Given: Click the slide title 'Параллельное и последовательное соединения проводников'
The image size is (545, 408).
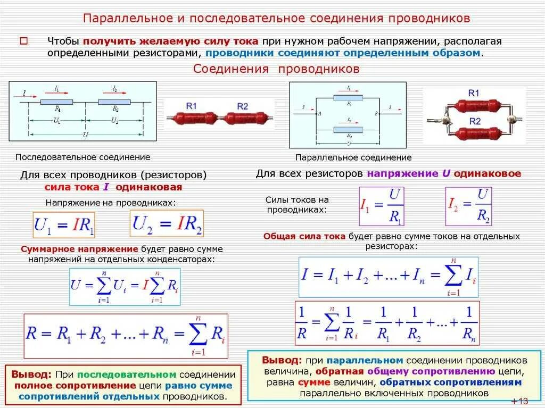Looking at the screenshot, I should point(277,19).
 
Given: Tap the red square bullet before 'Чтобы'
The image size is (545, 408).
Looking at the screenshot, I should point(23,40).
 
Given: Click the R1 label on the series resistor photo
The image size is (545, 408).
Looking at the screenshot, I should point(192,106).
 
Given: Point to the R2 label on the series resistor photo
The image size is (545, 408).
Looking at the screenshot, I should point(242,106).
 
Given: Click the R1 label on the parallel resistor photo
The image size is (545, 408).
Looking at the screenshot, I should point(474,94).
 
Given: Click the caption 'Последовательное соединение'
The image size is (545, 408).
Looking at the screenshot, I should point(82,157).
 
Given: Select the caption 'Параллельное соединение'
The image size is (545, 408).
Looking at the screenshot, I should point(353,157).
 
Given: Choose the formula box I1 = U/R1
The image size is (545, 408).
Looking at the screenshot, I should point(382,206).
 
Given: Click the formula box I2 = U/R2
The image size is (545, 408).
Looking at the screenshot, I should point(468,206).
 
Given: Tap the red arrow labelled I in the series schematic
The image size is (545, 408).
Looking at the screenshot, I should point(30,96).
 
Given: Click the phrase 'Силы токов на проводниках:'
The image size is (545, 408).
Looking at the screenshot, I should point(297,205).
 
